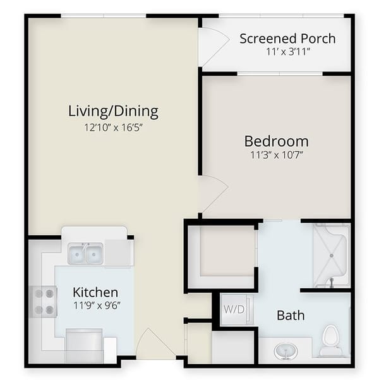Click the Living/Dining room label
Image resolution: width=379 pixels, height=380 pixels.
point(113,112)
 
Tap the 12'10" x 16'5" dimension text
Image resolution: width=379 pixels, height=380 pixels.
point(113,127)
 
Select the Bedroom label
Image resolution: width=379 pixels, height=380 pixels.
point(276,141)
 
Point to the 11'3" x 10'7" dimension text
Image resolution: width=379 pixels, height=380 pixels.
point(276,155)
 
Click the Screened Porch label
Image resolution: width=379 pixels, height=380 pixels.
point(287,39)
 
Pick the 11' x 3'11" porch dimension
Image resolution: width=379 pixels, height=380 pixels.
point(287,52)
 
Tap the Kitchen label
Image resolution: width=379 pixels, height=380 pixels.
point(95,292)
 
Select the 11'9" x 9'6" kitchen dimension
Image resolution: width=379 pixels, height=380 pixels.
point(95,305)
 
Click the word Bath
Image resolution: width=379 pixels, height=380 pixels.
point(291,315)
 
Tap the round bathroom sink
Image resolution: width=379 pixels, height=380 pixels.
point(284,350)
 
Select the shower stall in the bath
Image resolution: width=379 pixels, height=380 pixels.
point(330,254)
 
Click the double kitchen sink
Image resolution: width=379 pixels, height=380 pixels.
point(85,254)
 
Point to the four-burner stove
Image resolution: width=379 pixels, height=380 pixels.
point(44,301)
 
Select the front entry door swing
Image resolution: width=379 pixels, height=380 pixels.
point(153,345)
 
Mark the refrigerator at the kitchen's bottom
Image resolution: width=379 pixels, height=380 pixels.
point(84,345)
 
